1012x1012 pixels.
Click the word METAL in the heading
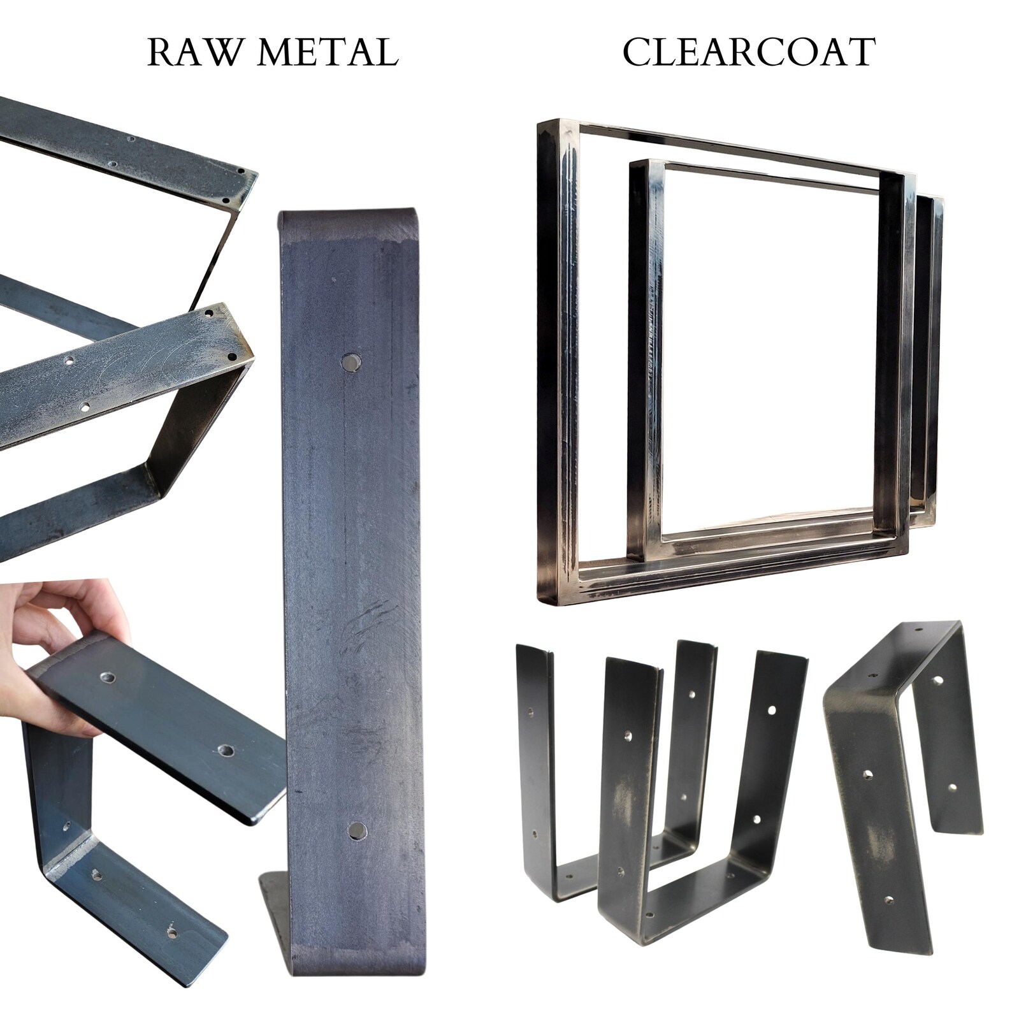coord(326,53)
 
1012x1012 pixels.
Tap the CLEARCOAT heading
coord(749,52)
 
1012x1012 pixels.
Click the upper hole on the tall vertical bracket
coord(351,363)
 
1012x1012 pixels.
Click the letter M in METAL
coord(274,53)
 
